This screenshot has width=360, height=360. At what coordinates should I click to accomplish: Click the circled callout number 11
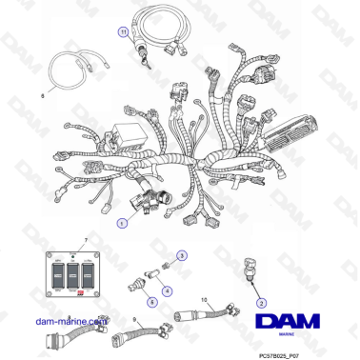[122, 31]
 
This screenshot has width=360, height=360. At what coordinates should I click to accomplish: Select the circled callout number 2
[258, 303]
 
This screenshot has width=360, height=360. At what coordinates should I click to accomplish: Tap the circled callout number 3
[184, 256]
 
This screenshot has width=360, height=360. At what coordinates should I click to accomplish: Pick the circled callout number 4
[168, 290]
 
